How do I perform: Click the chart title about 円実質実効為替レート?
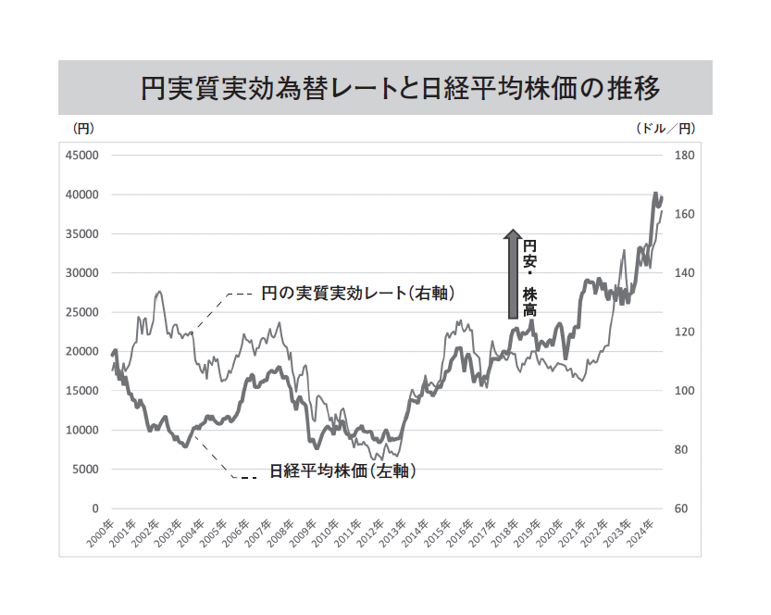[x=400, y=89]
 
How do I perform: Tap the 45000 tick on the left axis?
[x=82, y=156]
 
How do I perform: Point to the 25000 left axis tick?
[x=82, y=312]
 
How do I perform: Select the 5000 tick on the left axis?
[x=85, y=470]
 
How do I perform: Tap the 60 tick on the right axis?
[x=682, y=508]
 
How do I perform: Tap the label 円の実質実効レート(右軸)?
[x=356, y=293]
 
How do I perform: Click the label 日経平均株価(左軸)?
[x=342, y=471]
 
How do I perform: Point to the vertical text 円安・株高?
[x=529, y=279]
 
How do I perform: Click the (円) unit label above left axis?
[x=83, y=128]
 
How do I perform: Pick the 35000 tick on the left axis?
[x=82, y=234]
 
